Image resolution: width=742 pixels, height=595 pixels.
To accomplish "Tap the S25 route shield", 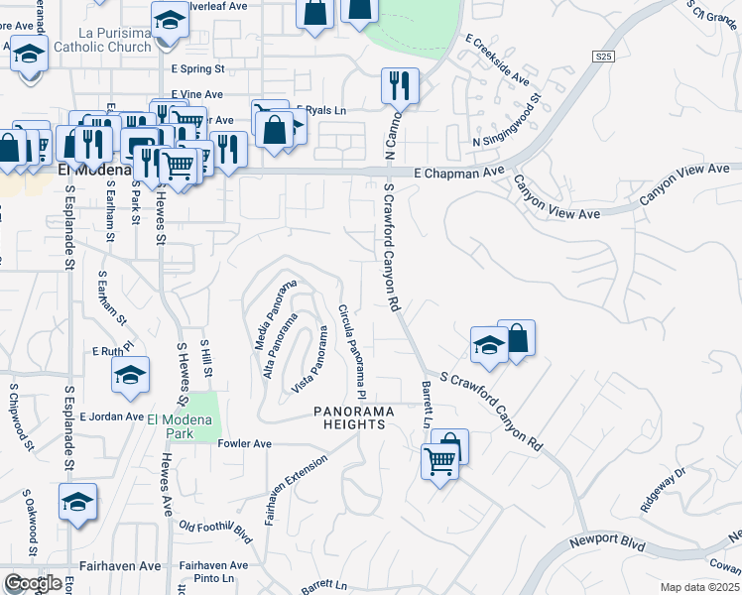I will click(x=604, y=59).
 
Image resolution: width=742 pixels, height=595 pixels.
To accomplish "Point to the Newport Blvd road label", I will click(x=607, y=544).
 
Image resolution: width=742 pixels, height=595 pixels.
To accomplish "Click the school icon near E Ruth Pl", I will click(x=130, y=375).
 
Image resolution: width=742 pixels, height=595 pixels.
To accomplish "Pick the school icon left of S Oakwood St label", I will click(x=76, y=502).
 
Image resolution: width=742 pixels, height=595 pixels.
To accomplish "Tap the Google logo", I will click(x=33, y=583).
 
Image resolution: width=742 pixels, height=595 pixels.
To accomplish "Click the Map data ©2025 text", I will click(x=699, y=587).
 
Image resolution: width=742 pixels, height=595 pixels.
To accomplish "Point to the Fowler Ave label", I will click(x=244, y=444).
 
